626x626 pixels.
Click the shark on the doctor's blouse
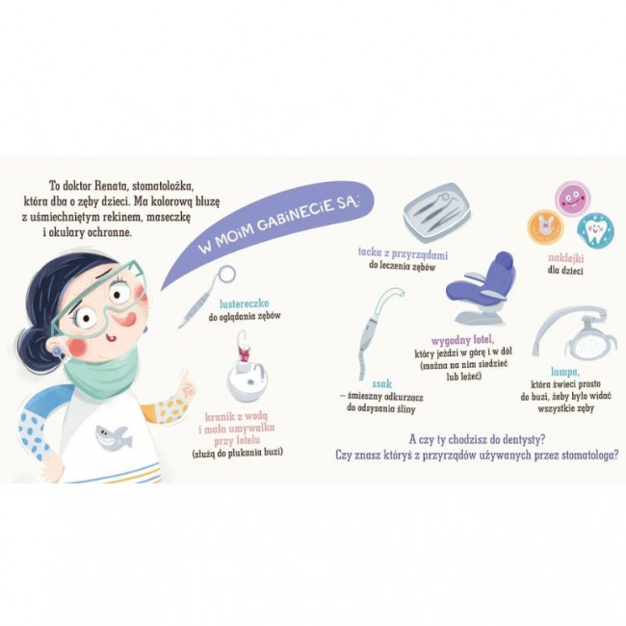tap(114, 438)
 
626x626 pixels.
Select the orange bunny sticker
tap(544, 226)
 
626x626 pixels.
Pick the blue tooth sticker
tap(595, 230)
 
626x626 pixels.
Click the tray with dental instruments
tap(437, 212)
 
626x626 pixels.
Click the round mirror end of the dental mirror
tap(227, 274)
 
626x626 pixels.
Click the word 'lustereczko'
tap(245, 303)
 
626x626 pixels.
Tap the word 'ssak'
tap(381, 384)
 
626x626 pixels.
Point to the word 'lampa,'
tap(565, 373)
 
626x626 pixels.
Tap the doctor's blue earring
tap(58, 352)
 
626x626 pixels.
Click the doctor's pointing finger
tap(184, 378)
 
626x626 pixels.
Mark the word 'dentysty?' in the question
tap(519, 440)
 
